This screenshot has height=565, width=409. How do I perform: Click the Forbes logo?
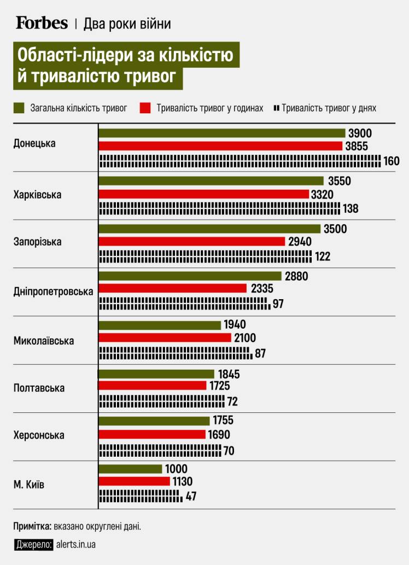point(42,23)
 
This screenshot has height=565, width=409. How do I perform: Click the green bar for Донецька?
point(222,133)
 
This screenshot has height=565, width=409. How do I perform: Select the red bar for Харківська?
point(203,194)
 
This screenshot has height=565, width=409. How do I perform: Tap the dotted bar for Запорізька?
point(206,255)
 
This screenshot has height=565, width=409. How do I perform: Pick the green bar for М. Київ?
point(131,469)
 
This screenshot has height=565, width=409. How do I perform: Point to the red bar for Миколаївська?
point(165,338)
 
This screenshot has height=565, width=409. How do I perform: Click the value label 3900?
point(359,133)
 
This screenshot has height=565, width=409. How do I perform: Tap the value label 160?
point(392,161)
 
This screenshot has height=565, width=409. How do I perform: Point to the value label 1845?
point(229,375)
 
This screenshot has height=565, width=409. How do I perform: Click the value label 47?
point(191,497)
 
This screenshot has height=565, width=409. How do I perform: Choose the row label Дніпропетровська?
point(53,292)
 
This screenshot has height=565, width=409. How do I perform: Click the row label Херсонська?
point(39,435)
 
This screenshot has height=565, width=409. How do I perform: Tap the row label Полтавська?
point(39,388)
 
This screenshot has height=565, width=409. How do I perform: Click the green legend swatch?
point(19,108)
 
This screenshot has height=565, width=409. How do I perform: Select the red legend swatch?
point(145,108)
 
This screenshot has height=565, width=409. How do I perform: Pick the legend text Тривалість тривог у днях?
point(329,108)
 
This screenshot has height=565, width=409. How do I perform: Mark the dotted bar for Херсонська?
point(160,451)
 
